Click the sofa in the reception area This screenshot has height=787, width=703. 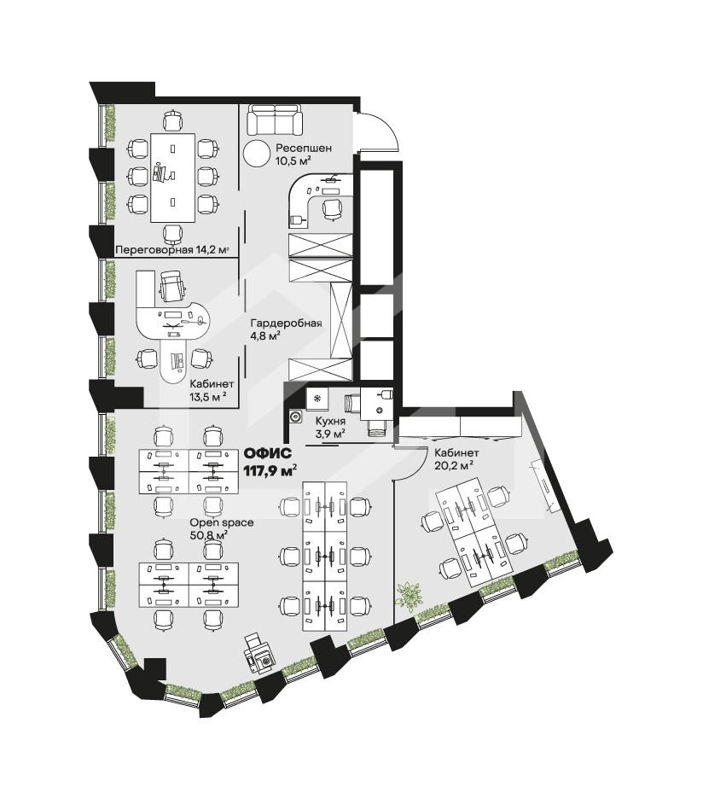pyautogui.click(x=275, y=120)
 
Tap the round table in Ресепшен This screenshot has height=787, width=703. pyautogui.click(x=257, y=153)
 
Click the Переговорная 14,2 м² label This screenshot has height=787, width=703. pyautogui.click(x=172, y=249)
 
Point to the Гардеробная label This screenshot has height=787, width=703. pyautogui.click(x=286, y=323)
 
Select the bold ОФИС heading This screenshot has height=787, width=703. pyautogui.click(x=267, y=453)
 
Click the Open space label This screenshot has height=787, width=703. pyautogui.click(x=222, y=522)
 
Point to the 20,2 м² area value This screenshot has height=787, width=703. pyautogui.click(x=454, y=465)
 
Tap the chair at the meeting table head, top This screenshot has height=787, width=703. pyautogui.click(x=172, y=120)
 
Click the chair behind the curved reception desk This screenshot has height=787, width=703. pyautogui.click(x=332, y=209)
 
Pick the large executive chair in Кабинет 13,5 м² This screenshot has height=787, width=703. pyautogui.click(x=172, y=286)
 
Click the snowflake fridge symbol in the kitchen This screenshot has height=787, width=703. pyautogui.click(x=317, y=399)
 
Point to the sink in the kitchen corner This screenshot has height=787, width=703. pyautogui.click(x=294, y=417)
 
